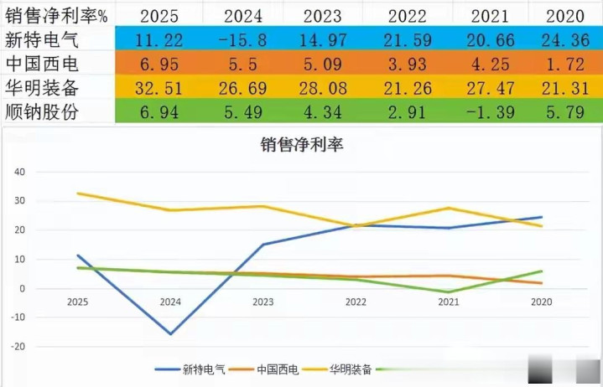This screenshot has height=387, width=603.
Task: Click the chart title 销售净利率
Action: click(303, 145)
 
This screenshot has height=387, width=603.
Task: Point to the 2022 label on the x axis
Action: click(356, 302)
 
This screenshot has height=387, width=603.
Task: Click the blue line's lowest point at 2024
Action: click(171, 334)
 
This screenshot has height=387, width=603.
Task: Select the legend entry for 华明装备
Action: click(351, 369)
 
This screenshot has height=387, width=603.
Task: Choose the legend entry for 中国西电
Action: click(278, 369)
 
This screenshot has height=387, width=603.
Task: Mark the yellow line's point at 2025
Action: click(79, 193)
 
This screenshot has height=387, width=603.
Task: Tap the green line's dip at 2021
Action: click(448, 292)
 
